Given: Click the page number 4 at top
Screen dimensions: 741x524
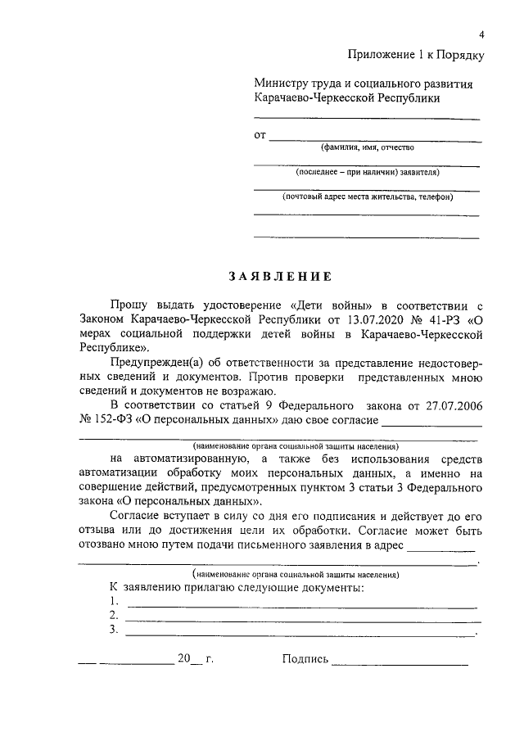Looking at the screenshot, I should click(x=482, y=34).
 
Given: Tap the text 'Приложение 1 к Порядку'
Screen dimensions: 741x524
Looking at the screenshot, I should click(x=417, y=55).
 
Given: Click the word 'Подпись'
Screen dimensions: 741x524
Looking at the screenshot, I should click(x=305, y=658).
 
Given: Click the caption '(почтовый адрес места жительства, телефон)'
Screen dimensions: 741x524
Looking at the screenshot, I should click(x=368, y=197).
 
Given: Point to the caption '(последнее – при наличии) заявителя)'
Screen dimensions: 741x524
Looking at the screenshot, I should click(x=368, y=173).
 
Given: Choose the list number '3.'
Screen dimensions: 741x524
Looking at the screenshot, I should click(x=113, y=630).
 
